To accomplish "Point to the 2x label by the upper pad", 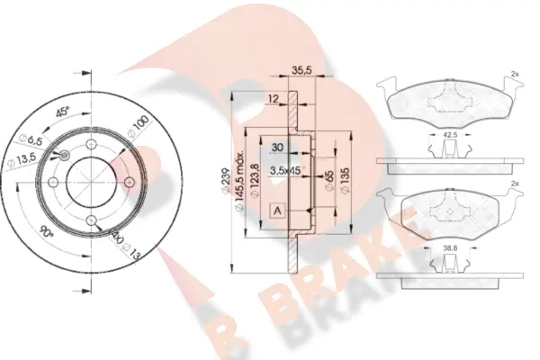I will tap(514, 74).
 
